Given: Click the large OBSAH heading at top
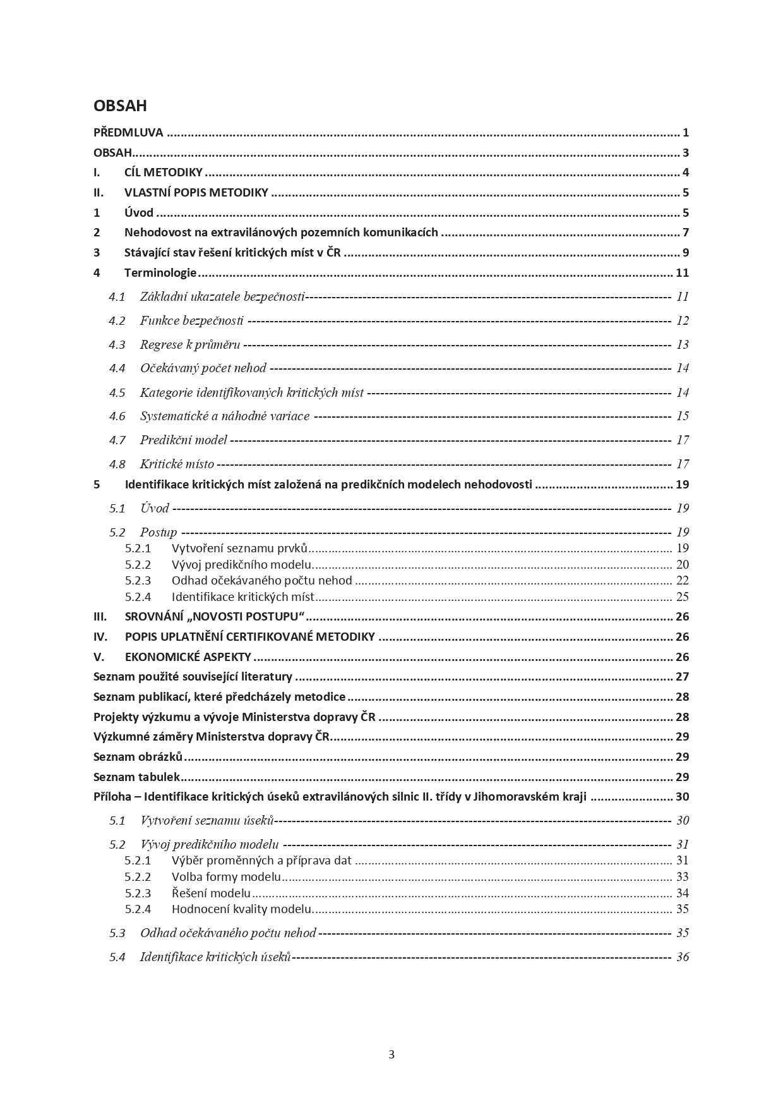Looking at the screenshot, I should (120, 106).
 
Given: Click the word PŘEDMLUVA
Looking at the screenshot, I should (128, 133).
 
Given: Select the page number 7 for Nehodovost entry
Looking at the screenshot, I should (686, 233).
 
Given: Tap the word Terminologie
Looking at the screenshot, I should (160, 273).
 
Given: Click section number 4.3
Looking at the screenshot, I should (117, 344).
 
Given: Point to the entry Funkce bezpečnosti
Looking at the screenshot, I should (191, 320).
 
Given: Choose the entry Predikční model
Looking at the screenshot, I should (183, 440).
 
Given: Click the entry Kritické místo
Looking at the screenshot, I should (177, 464).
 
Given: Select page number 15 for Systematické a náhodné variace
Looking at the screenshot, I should (683, 416).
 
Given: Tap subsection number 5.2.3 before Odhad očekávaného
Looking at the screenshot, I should (138, 580).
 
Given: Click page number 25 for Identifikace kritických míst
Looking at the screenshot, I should (683, 597).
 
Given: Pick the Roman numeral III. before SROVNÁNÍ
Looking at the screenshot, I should (100, 617).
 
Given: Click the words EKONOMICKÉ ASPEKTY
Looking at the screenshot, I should (188, 657).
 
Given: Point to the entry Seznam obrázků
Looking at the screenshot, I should (138, 757).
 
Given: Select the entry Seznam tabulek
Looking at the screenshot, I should (136, 777).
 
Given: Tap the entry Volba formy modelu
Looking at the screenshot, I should (226, 876).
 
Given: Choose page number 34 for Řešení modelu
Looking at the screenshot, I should (683, 893).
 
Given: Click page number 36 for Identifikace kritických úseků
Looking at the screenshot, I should (683, 957).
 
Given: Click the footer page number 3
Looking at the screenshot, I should (391, 1054).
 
